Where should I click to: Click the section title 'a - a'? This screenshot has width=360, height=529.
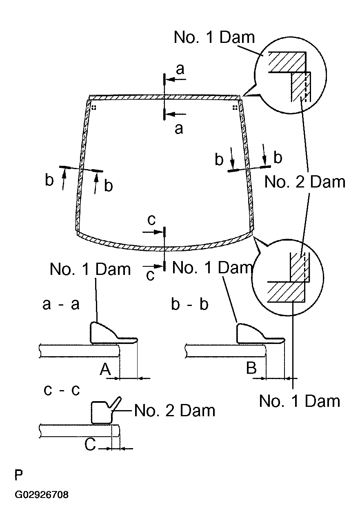coord(61,304)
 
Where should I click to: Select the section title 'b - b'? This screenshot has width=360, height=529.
coord(190,304)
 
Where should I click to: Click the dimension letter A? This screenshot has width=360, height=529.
coord(105,369)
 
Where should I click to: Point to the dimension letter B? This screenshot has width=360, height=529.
coord(251,368)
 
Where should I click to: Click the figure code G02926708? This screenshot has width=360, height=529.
coord(42,495)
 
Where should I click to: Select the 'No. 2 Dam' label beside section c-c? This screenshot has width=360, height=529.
coord(175,411)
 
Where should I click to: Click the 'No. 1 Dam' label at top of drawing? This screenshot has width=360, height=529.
coord(214,37)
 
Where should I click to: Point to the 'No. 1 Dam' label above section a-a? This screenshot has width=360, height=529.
coord(90,269)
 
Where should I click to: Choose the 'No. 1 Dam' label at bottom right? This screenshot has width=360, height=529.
coord(300,401)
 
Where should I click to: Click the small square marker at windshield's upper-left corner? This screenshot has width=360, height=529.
coord(94,108)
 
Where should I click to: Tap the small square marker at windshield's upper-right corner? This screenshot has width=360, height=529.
coord(235,108)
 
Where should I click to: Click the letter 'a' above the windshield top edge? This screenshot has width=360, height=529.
coord(180,69)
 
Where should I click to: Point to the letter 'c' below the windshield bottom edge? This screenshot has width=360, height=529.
coord(150,275)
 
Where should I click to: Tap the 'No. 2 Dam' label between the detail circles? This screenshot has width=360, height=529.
coord(305,182)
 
